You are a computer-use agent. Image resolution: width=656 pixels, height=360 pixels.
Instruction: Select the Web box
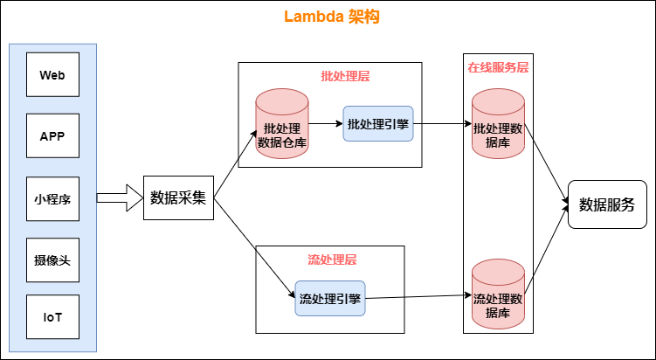coord(52,74)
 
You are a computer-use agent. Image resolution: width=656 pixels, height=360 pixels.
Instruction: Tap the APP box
coord(52,136)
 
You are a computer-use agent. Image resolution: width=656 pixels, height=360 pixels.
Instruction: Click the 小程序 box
coord(52,198)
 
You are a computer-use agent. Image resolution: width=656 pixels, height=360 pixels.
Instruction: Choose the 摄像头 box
coord(52,260)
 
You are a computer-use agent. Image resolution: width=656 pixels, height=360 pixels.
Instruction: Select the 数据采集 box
coord(178,197)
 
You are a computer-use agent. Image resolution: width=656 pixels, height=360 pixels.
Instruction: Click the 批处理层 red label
coord(345,76)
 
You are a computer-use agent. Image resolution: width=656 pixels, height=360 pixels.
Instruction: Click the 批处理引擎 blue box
coord(377,124)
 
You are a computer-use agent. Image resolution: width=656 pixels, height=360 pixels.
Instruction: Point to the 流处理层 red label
coord(332,260)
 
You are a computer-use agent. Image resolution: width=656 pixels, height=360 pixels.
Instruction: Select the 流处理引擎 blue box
coord(329,299)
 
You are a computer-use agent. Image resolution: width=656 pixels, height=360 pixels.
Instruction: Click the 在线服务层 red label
coord(497,67)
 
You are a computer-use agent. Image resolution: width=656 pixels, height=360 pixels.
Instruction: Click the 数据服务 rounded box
coord(607,204)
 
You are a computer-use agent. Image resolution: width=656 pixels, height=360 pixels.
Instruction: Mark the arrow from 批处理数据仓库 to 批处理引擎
coord(325,124)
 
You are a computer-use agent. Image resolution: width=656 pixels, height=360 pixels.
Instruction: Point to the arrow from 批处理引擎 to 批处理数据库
coord(441,124)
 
